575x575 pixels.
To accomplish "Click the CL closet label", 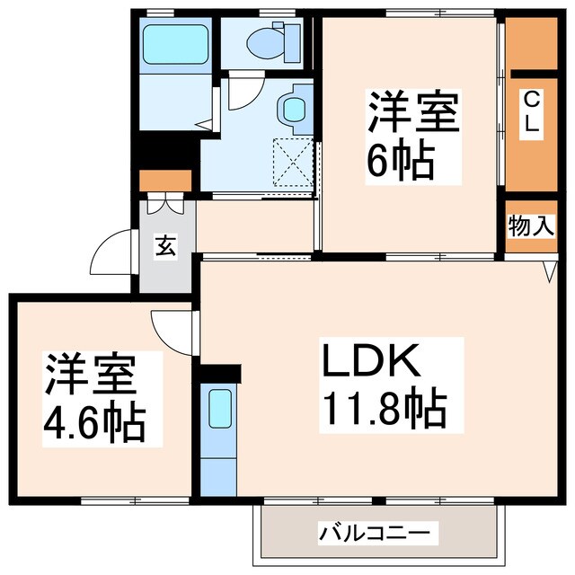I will point(532,112).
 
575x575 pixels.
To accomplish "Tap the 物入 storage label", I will point(531,226).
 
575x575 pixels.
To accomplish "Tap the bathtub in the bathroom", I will point(175,42).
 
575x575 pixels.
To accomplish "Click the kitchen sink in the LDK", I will point(220,409).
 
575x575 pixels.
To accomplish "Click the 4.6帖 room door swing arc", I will point(172,327).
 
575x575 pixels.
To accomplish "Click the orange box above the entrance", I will point(166,180).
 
